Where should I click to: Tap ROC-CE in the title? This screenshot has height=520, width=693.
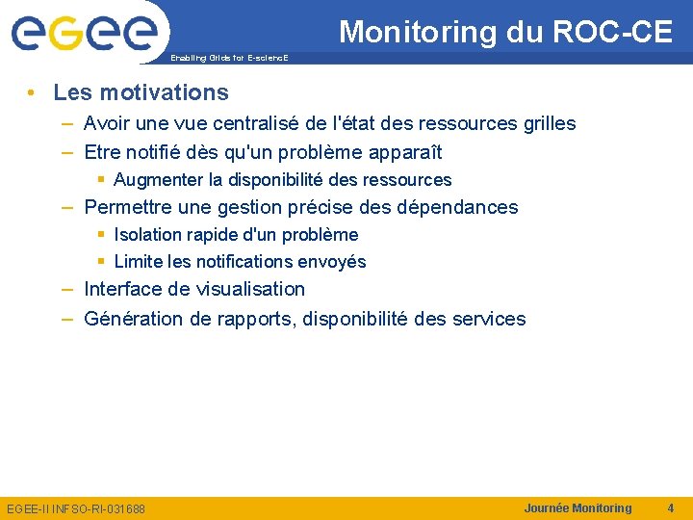(x=612, y=32)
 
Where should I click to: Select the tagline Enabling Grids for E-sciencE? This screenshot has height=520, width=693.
(x=229, y=59)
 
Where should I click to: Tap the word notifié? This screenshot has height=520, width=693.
(x=158, y=152)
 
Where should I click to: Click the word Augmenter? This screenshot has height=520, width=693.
(x=158, y=180)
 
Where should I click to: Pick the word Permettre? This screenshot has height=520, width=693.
(x=127, y=207)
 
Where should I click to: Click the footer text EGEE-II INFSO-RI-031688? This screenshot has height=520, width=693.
(x=76, y=508)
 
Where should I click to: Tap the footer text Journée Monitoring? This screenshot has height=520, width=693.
(x=577, y=507)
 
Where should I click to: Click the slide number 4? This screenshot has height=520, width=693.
(x=670, y=507)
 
